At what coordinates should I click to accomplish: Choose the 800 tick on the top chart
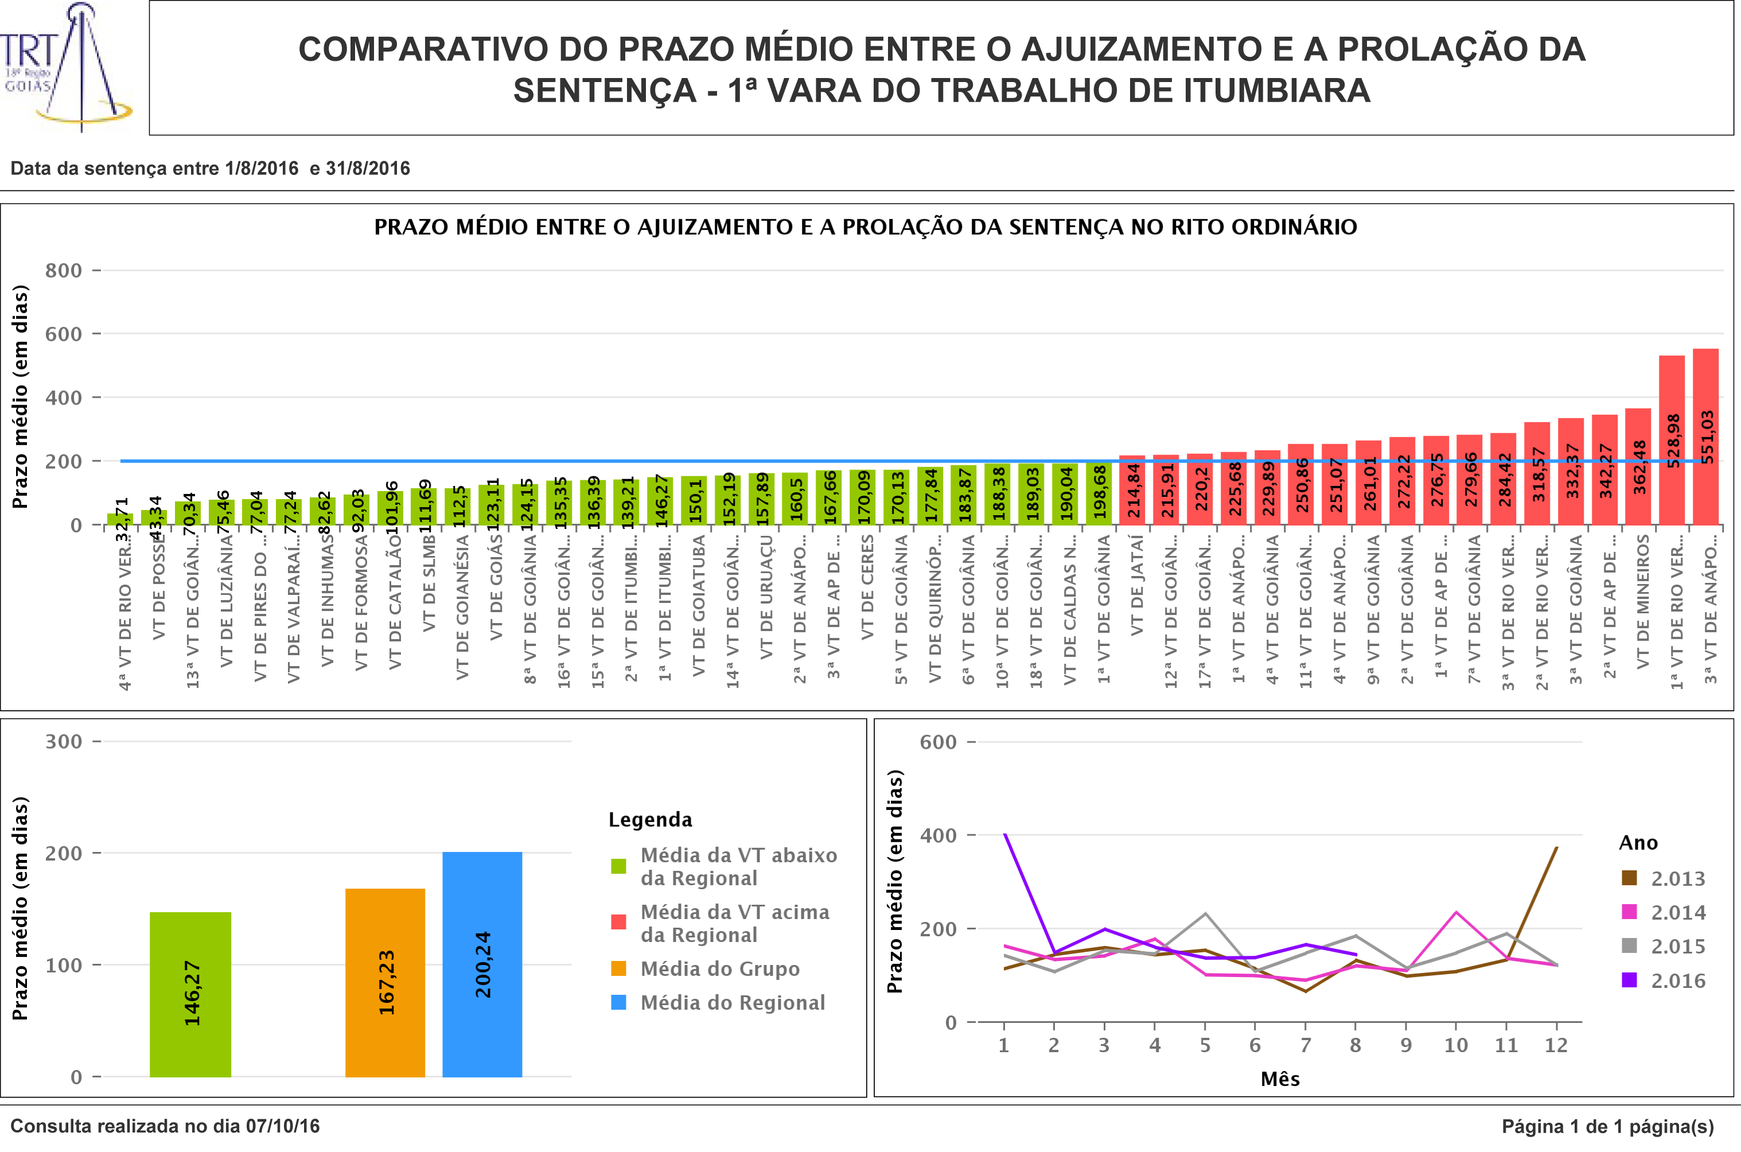pyautogui.click(x=63, y=270)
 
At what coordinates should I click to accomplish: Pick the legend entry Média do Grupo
pyautogui.click(x=719, y=968)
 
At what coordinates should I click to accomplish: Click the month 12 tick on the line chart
pyautogui.click(x=1556, y=1045)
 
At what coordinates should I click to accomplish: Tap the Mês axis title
pyautogui.click(x=1280, y=1079)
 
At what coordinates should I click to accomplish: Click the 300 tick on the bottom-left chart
pyautogui.click(x=63, y=741)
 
